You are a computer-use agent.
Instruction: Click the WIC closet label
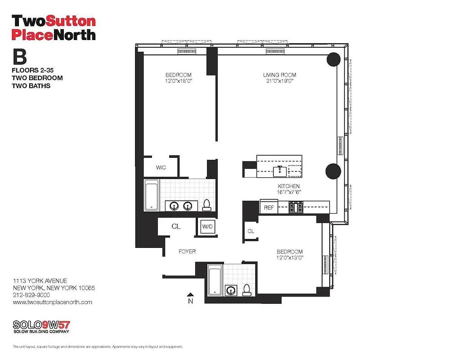coord(161,167)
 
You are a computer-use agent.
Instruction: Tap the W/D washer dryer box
coord(207,226)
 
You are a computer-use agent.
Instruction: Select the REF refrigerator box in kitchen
coord(269,207)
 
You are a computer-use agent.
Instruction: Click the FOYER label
coord(187,251)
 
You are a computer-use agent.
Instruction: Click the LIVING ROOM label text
coord(280,75)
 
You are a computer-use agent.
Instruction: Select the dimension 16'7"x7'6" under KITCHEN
coord(288,192)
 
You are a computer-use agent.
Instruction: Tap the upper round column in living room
coord(333,59)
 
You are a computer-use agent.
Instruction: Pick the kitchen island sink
coord(280,170)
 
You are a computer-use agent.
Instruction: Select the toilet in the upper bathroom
coord(206,205)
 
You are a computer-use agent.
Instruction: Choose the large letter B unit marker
coord(19,57)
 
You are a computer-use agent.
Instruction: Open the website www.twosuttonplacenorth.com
coord(53,302)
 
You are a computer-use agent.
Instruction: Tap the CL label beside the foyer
coord(176,226)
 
